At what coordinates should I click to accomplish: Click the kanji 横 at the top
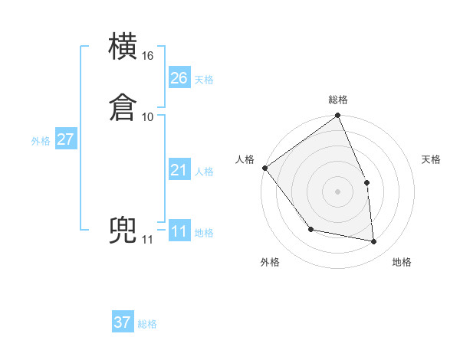[x=124, y=47]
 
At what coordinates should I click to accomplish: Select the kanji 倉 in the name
[x=124, y=107]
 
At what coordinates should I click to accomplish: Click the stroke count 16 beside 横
[x=148, y=56]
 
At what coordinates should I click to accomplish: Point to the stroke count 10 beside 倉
[x=148, y=116]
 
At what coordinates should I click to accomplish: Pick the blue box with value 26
[x=179, y=77]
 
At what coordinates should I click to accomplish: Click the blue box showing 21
[x=179, y=170]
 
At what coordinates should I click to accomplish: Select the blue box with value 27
[x=65, y=139]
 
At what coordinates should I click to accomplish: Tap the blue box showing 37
[x=123, y=322]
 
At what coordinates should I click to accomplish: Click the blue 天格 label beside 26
[x=204, y=80]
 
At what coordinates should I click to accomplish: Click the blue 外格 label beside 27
[x=41, y=141]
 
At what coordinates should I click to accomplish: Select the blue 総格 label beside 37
[x=147, y=325]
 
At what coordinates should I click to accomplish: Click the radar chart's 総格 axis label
[x=338, y=100]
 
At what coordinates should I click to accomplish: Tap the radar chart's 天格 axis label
[x=432, y=159]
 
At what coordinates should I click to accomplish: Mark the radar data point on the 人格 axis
[x=264, y=168]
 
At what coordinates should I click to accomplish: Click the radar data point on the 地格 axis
[x=374, y=242]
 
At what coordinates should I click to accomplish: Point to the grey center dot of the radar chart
[x=338, y=191]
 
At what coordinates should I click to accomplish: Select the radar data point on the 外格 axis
[x=310, y=229]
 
